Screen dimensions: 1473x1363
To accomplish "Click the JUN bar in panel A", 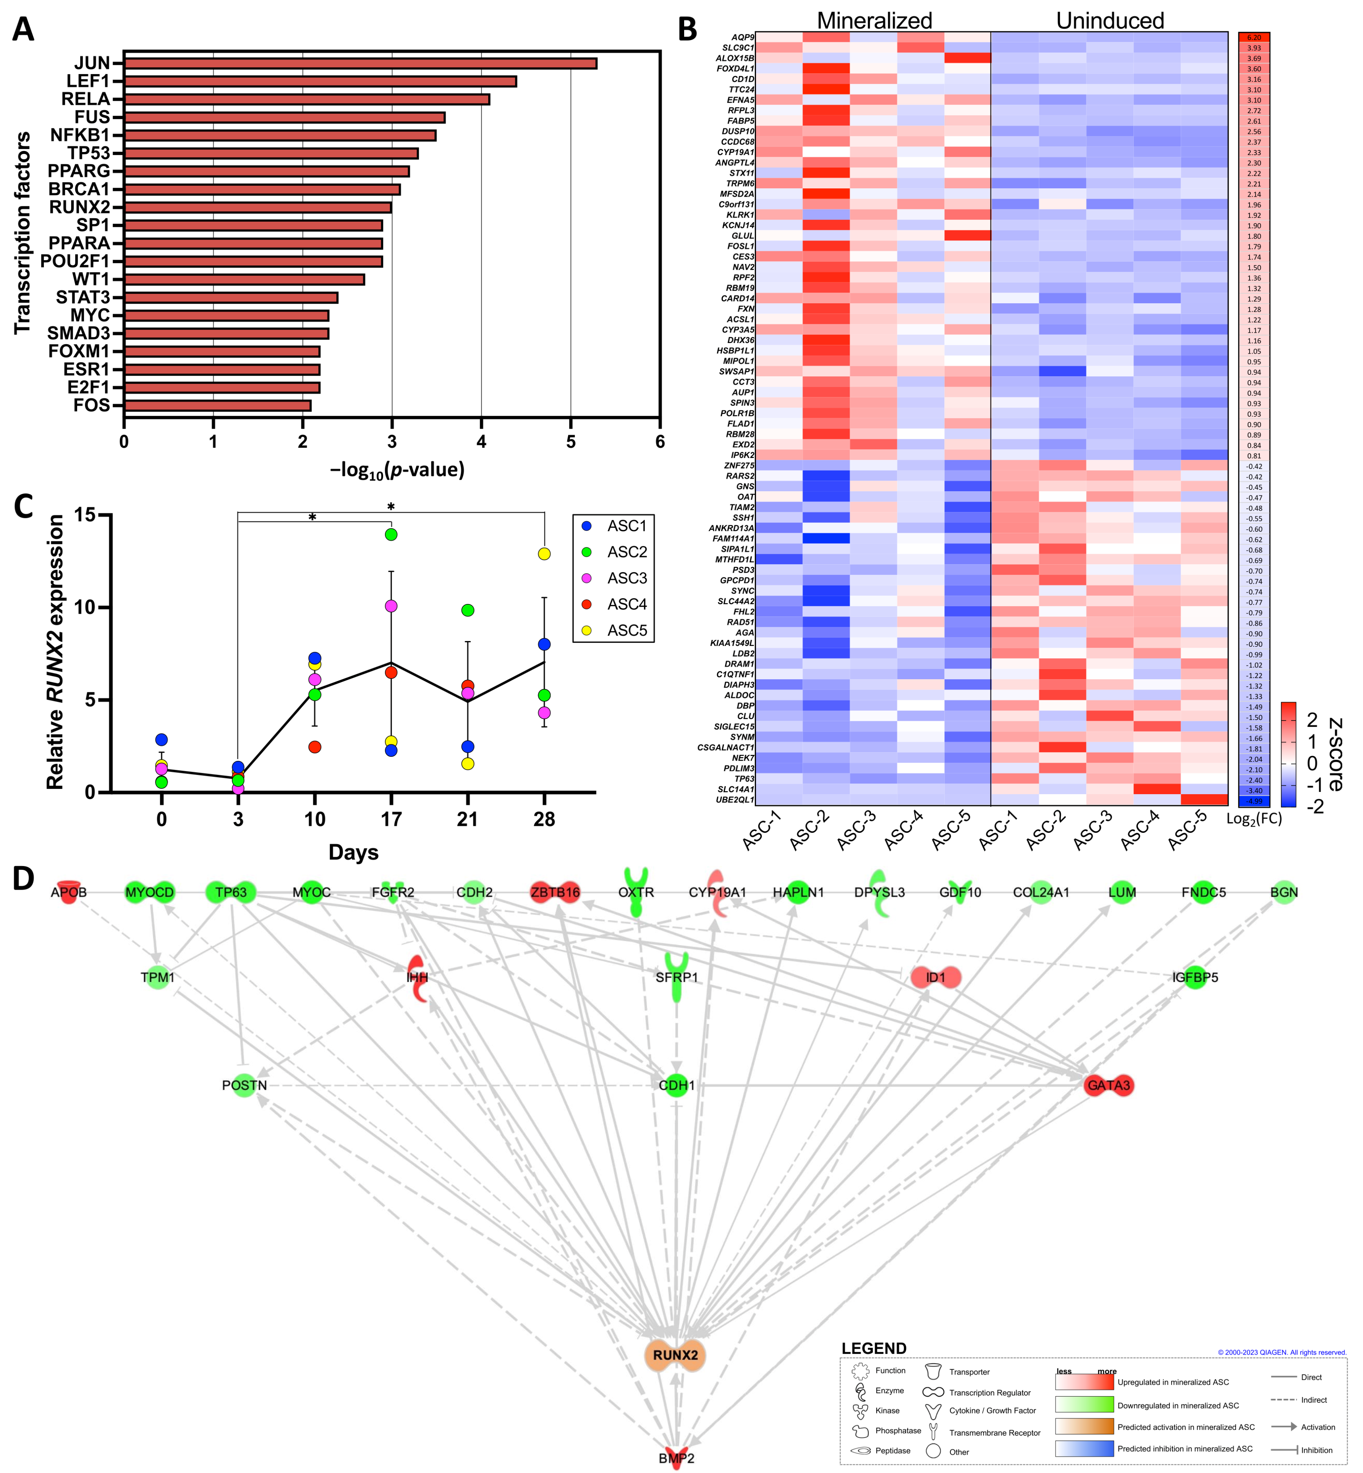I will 360,63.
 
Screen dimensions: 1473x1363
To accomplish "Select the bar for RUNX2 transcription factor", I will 257,207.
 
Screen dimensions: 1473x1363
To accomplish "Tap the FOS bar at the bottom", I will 218,405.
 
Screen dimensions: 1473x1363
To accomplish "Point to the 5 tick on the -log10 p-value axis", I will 570,442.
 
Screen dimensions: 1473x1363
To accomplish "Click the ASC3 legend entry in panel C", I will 626,578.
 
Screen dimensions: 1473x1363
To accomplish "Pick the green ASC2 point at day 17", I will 391,534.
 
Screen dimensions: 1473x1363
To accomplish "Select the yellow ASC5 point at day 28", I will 544,554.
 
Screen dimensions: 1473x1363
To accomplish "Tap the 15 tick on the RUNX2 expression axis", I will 86,515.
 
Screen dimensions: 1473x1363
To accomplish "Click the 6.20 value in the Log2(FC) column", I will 1254,37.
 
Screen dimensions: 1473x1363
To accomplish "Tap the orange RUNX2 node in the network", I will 675,1355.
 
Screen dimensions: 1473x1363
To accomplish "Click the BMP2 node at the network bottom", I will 676,1457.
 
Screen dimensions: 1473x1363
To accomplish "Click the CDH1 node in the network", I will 676,1085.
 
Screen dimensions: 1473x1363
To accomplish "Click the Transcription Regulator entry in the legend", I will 989,1393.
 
